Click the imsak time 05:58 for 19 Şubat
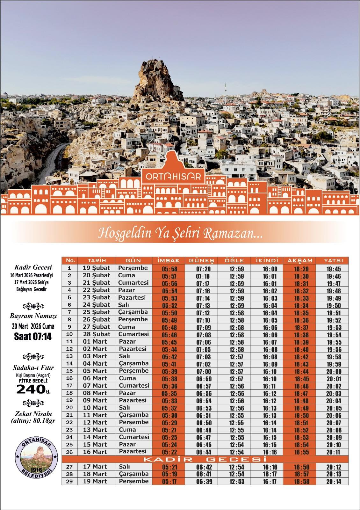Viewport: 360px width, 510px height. pyautogui.click(x=169, y=268)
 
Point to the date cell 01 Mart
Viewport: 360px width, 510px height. pyautogui.click(x=95, y=341)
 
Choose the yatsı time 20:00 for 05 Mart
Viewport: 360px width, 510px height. pyautogui.click(x=334, y=371)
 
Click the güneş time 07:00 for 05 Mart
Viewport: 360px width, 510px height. pyautogui.click(x=203, y=371)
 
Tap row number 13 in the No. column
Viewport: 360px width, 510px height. pyautogui.click(x=69, y=356)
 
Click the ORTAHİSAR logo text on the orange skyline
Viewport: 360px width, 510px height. pyautogui.click(x=173, y=177)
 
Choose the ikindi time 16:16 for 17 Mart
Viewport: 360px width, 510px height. pyautogui.click(x=270, y=467)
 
